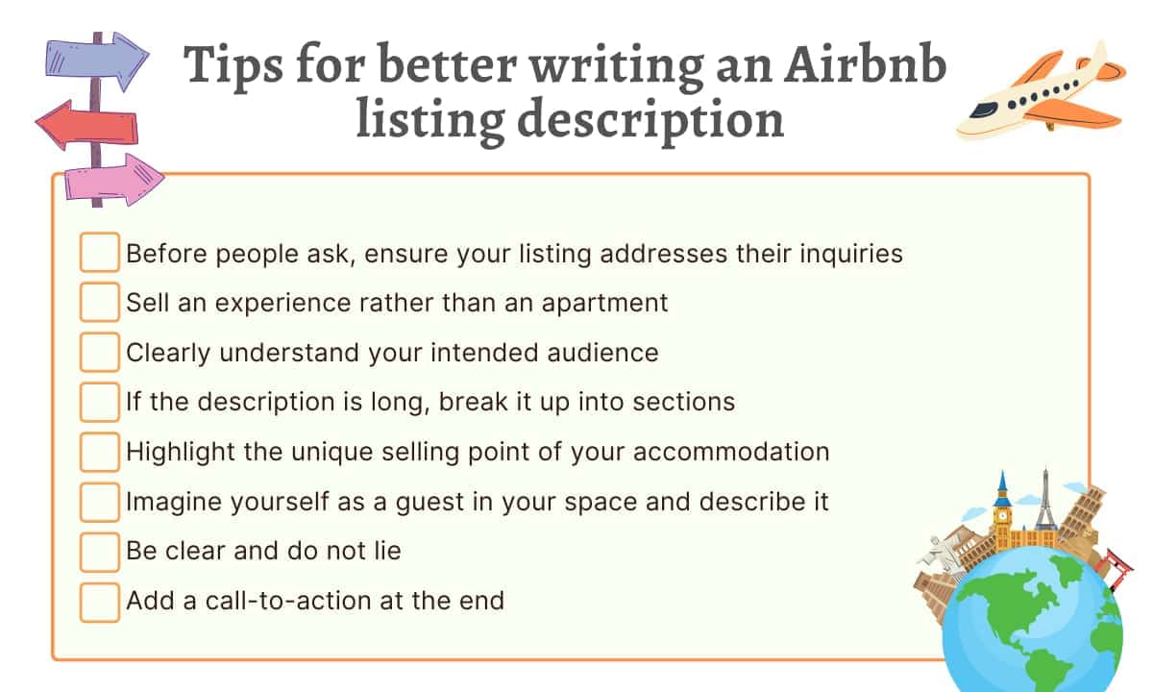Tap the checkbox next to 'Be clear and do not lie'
(x=99, y=552)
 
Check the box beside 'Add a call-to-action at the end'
(x=99, y=602)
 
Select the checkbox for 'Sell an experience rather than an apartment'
(x=99, y=302)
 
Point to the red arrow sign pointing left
(x=86, y=125)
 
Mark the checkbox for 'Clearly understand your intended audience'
(x=99, y=352)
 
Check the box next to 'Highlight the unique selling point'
(x=99, y=452)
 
